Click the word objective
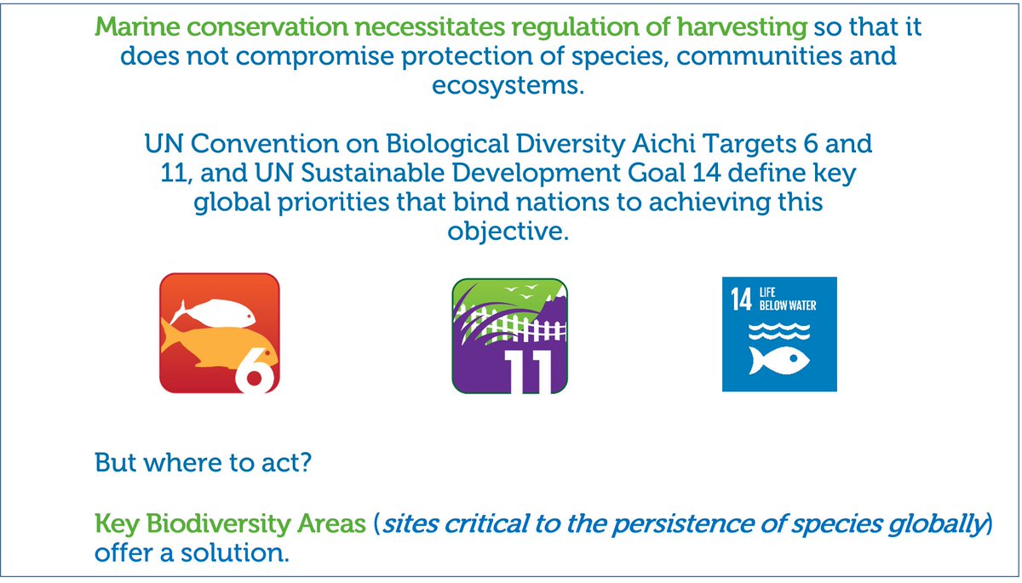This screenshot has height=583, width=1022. (508, 232)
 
